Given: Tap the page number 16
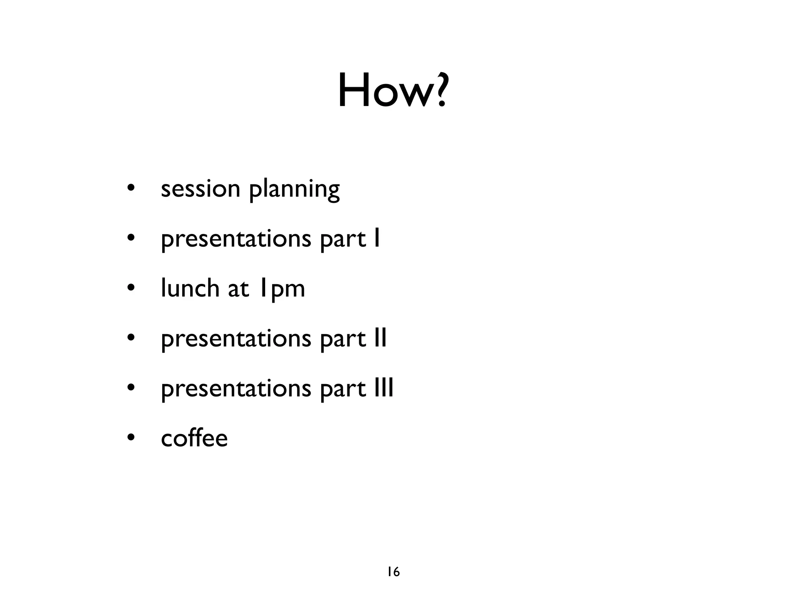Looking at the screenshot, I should click(393, 572).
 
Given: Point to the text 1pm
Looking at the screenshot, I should click(281, 289).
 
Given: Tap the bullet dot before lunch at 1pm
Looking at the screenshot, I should click(131, 288).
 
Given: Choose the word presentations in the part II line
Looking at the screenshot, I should click(236, 339).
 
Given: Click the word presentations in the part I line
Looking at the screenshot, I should click(236, 239).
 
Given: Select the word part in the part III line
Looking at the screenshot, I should click(343, 389).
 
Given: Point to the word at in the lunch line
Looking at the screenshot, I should click(238, 289).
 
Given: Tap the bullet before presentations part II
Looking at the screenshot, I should click(131, 338).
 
